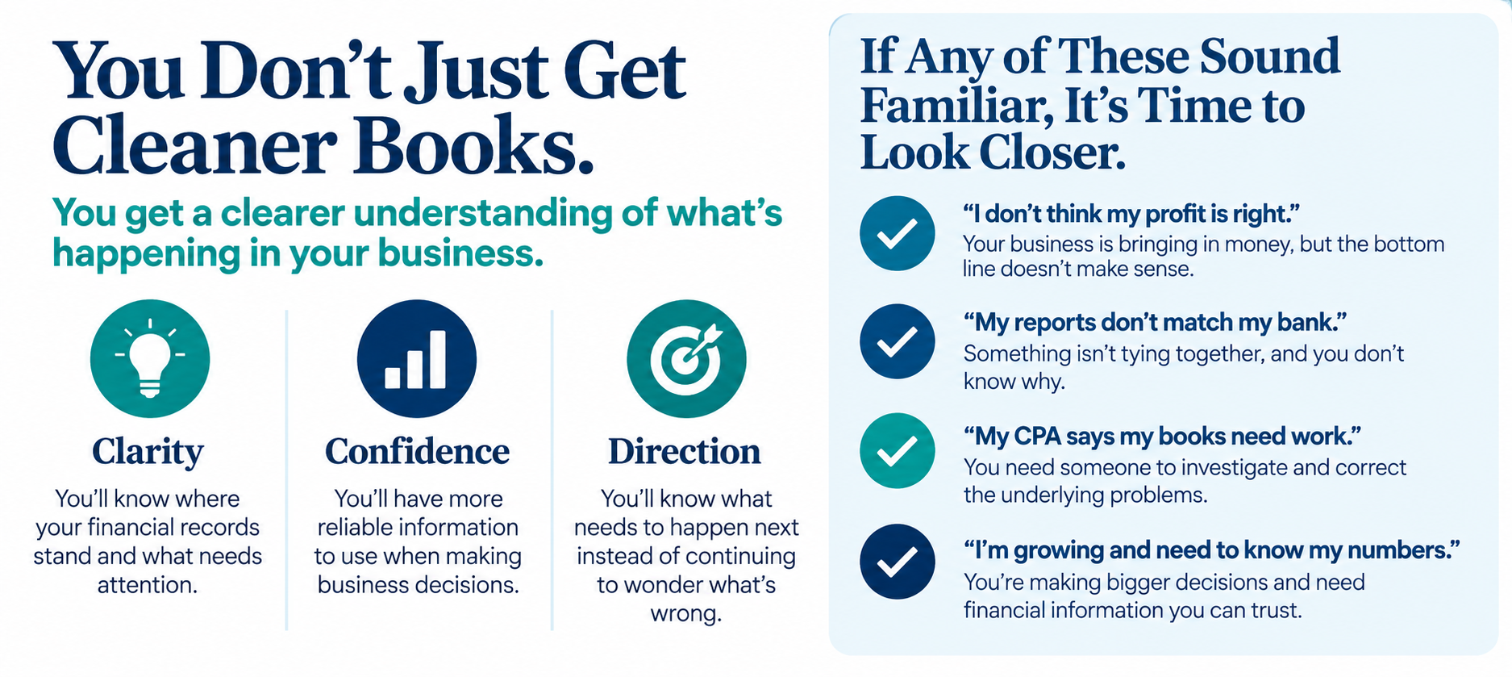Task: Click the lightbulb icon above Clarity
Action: pos(150,358)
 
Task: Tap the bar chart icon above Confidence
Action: pos(417,358)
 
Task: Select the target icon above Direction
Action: pos(686,358)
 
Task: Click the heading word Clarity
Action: pos(148,452)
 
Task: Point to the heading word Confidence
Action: pos(417,452)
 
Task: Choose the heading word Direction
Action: pos(685,452)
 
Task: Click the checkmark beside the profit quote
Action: pos(897,233)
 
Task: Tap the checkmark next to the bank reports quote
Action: pos(897,341)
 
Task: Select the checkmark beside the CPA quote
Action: pos(897,451)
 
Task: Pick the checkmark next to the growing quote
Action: pos(897,562)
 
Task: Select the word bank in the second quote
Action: pos(1310,323)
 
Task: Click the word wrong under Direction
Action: pos(685,613)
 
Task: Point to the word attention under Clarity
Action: pos(148,584)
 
